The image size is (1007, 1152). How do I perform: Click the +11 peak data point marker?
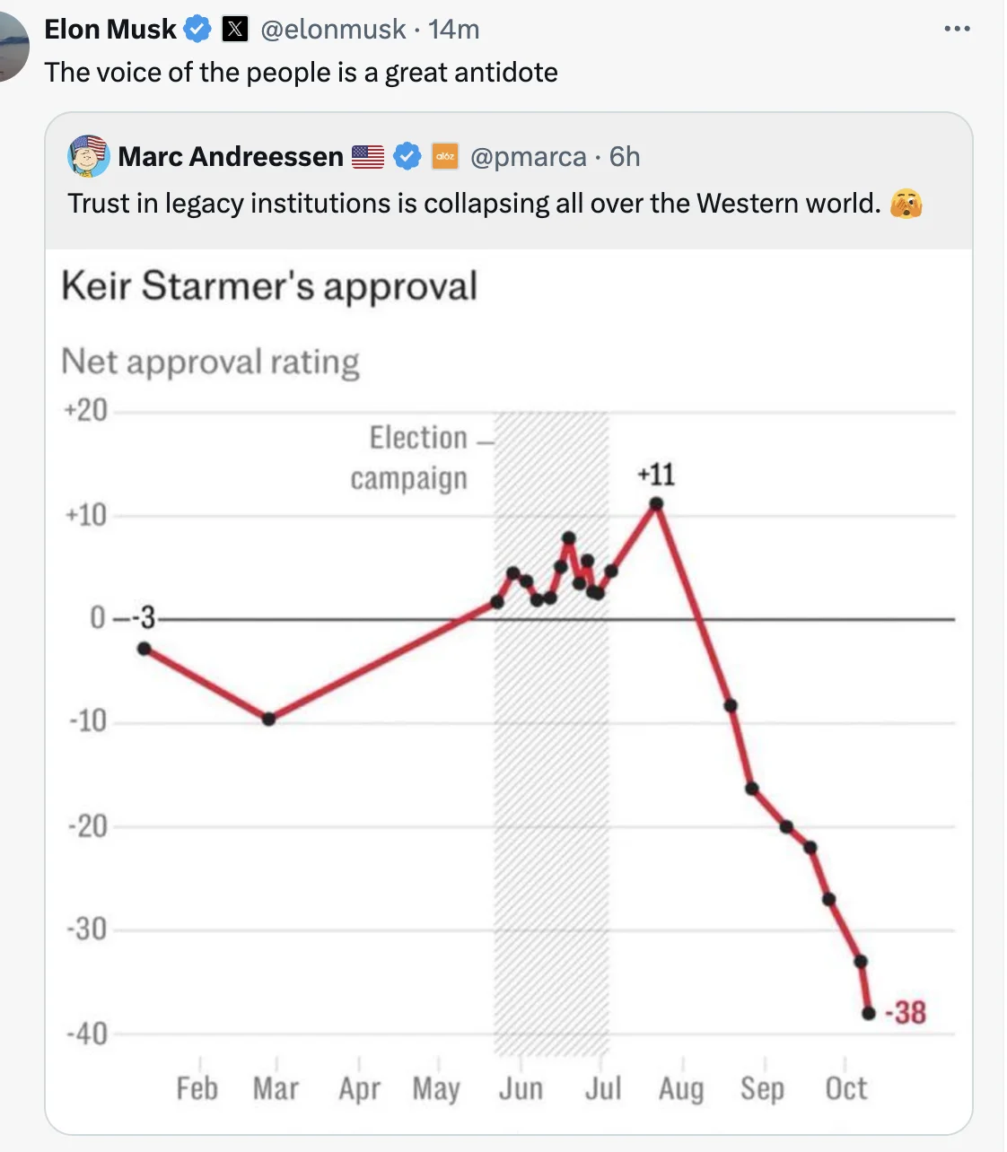click(x=656, y=504)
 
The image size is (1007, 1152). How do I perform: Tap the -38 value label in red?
click(x=906, y=1012)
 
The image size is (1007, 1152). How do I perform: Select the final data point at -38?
click(x=869, y=1014)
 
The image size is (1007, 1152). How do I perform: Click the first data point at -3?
click(x=144, y=649)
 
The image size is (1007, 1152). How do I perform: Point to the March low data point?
click(x=268, y=719)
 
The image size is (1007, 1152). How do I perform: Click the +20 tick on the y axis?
click(x=85, y=410)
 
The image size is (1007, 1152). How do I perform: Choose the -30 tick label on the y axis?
click(x=87, y=929)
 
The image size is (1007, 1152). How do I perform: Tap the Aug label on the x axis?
click(x=681, y=1088)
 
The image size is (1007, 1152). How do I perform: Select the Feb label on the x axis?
click(x=197, y=1087)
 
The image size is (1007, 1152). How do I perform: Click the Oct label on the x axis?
click(x=846, y=1087)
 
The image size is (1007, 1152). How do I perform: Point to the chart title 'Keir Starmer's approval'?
click(x=269, y=285)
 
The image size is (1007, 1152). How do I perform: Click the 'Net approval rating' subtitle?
click(x=210, y=362)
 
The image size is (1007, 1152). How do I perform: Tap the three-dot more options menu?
click(x=958, y=28)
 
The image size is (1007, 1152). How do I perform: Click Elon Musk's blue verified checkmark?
click(x=197, y=29)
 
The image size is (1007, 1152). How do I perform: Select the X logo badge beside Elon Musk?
click(x=235, y=29)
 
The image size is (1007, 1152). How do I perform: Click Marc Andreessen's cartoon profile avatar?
click(x=89, y=156)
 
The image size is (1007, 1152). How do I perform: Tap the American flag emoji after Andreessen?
click(x=368, y=156)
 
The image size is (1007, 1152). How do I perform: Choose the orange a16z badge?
click(x=445, y=156)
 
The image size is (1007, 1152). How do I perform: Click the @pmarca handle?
click(x=529, y=156)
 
